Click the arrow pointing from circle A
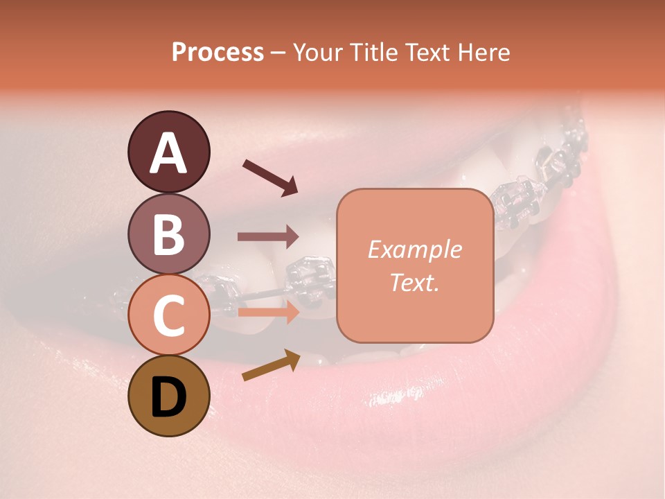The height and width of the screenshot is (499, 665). point(270,177)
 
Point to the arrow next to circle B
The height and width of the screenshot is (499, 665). point(268,237)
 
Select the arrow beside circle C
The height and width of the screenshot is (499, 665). point(268,312)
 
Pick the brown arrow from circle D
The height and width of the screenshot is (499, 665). point(271,365)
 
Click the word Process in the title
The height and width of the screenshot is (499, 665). point(218,52)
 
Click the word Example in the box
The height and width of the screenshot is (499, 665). point(415,250)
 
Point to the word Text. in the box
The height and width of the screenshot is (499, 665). point(415,282)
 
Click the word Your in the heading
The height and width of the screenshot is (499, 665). point(315,52)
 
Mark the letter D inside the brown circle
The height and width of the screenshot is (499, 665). point(168,398)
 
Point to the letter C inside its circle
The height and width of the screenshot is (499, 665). point(168,316)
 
